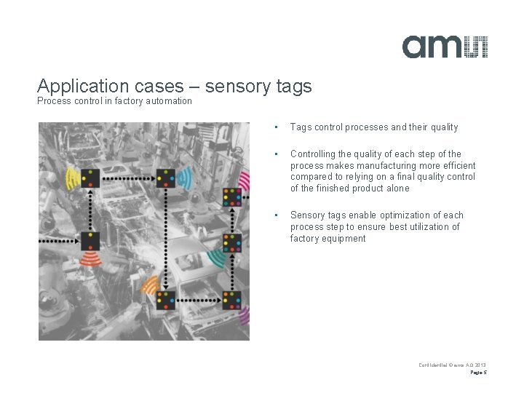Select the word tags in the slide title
click(294, 86)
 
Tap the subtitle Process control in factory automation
click(114, 101)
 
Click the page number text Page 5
click(478, 372)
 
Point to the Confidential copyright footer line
click(452, 365)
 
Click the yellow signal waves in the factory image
click(71, 177)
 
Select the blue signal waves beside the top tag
click(185, 177)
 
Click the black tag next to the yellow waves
click(90, 177)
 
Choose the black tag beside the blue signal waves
click(167, 177)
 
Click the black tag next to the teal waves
click(232, 243)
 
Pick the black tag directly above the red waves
click(90, 240)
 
